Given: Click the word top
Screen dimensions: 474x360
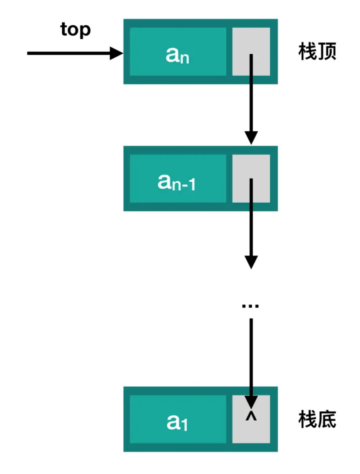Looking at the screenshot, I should pyautogui.click(x=76, y=30).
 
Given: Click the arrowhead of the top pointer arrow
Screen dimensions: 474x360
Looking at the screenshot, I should pyautogui.click(x=117, y=53).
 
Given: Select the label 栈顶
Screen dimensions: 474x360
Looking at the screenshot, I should pyautogui.click(x=317, y=52).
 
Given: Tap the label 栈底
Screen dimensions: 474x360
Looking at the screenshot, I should pyautogui.click(x=317, y=420).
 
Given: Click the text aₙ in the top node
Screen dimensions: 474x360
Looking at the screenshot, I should pyautogui.click(x=177, y=55).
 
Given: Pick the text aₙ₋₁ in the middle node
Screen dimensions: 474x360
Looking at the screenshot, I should pyautogui.click(x=176, y=182).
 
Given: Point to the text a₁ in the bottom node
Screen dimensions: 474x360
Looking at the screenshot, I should pyautogui.click(x=177, y=422).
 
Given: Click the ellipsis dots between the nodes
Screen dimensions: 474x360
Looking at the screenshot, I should pyautogui.click(x=250, y=307).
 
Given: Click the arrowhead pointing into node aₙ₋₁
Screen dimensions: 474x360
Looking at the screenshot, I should pyautogui.click(x=251, y=137).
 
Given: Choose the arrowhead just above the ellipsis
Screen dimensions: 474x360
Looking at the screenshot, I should pyautogui.click(x=251, y=261).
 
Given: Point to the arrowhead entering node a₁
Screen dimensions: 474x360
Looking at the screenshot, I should pyautogui.click(x=251, y=401).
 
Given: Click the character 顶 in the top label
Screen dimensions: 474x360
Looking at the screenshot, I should pyautogui.click(x=327, y=52).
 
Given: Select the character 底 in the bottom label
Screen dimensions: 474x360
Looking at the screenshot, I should pyautogui.click(x=327, y=420).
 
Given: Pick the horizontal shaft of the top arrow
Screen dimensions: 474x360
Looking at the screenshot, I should pyautogui.click(x=68, y=53).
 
